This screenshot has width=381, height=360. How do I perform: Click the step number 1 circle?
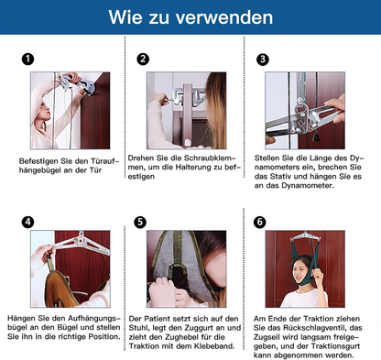click(27, 59)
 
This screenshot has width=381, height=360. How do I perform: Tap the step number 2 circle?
click(143, 59)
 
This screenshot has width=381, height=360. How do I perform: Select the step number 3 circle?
click(263, 60)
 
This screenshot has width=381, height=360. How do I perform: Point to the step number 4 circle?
click(27, 222)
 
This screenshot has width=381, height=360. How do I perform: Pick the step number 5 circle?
click(140, 222)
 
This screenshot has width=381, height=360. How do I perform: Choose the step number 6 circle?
click(260, 222)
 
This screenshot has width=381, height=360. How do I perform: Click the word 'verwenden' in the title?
click(224, 17)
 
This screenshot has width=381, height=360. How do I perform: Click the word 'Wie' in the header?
click(125, 17)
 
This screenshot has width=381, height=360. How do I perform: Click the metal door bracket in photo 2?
click(187, 95)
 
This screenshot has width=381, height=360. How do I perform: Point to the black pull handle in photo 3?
click(314, 137)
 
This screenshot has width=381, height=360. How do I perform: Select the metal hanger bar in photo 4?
click(82, 243)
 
